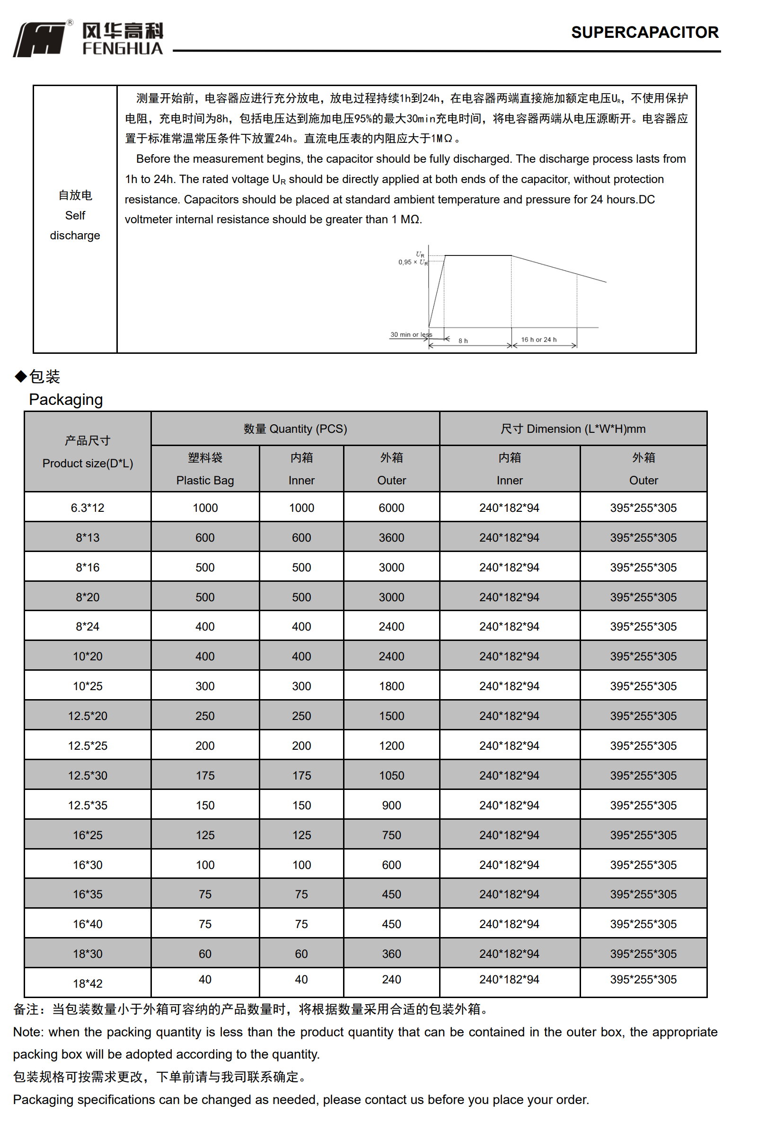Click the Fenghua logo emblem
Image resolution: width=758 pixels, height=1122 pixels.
pos(40,40)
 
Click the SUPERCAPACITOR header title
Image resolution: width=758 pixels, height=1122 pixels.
pos(644,32)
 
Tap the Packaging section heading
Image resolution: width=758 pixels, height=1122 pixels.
pos(66,399)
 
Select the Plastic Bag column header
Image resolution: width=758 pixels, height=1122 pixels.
pos(205,480)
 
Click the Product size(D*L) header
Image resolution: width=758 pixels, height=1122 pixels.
pos(88,463)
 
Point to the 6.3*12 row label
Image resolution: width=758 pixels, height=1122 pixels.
pos(88,508)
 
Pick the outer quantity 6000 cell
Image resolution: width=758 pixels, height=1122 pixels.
pos(391,508)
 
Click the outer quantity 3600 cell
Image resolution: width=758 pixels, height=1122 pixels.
pos(391,537)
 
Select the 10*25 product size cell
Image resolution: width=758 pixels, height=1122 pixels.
pos(88,686)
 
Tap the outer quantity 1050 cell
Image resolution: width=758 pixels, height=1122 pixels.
pos(391,775)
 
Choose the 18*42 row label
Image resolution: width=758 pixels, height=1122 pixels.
pos(88,983)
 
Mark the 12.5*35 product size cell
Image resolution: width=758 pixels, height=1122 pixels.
pos(88,805)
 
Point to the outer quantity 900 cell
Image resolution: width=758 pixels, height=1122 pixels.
pos(391,805)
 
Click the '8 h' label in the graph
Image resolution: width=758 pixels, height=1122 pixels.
pos(463,341)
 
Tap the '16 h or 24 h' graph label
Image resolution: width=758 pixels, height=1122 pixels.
pos(538,340)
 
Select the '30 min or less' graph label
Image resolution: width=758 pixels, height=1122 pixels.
pos(411,334)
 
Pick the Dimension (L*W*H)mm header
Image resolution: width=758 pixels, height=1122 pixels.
pos(573,429)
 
